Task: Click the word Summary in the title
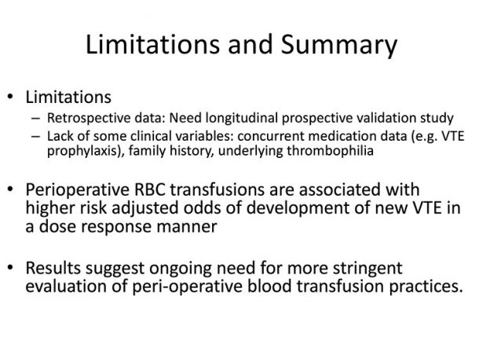click(x=338, y=46)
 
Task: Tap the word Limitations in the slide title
click(x=153, y=44)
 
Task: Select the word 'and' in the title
click(x=250, y=44)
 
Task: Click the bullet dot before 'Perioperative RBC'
click(x=11, y=189)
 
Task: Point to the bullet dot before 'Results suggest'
click(x=11, y=267)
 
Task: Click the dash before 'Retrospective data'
click(x=36, y=118)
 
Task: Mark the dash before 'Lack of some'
click(x=36, y=136)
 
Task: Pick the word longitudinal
click(x=241, y=118)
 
